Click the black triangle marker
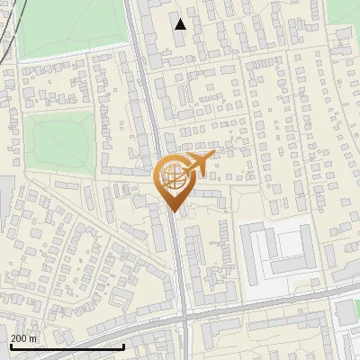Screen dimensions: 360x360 point(181,24)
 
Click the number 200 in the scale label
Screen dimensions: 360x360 point(20,338)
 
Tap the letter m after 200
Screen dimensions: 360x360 point(34,338)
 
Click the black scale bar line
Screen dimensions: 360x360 point(67,346)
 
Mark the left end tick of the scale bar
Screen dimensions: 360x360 point(11,345)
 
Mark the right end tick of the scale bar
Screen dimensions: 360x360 point(123,345)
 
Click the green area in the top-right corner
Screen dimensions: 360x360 point(343,11)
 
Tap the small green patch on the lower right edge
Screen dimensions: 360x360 point(348,311)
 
